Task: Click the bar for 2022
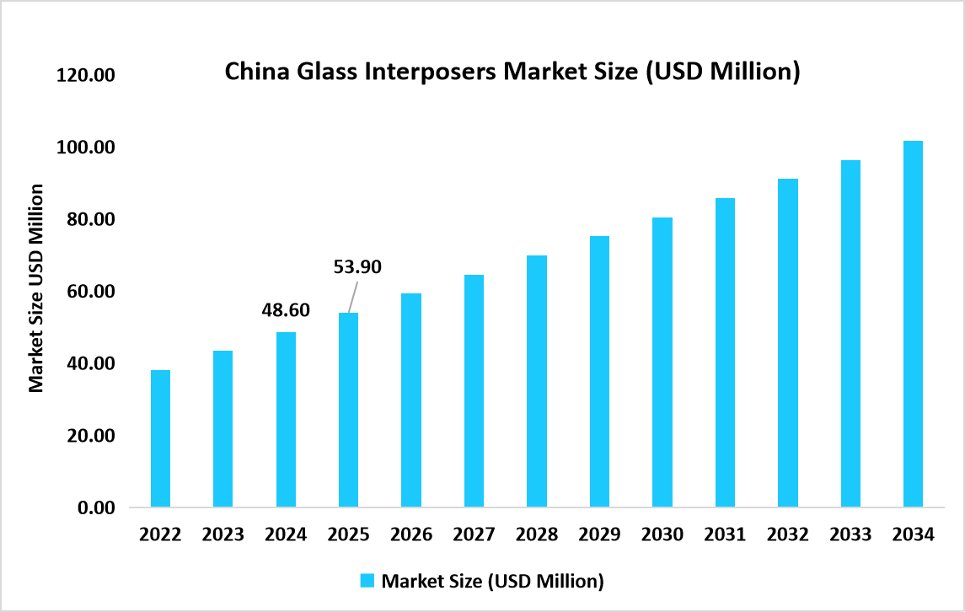(x=160, y=438)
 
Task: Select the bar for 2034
(x=913, y=325)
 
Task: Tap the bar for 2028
(x=537, y=381)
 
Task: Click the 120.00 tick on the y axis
(x=84, y=76)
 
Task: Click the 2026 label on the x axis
(x=411, y=535)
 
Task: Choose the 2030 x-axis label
(x=662, y=535)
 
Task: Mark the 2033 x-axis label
(x=850, y=535)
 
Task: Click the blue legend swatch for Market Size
(x=367, y=581)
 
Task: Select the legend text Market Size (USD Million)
(x=493, y=581)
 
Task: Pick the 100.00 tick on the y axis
(x=84, y=148)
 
